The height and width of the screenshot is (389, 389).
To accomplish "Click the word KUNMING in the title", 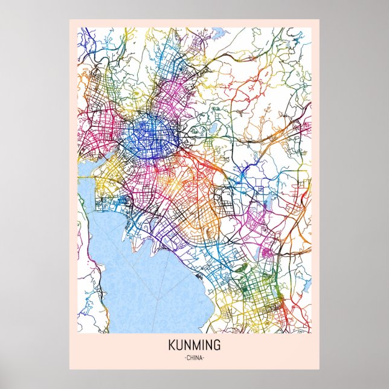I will (194, 347).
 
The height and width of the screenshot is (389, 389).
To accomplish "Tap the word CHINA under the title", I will (194, 359).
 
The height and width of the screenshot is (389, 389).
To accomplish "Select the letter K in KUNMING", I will (172, 347).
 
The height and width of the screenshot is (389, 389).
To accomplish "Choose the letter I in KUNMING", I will (202, 347).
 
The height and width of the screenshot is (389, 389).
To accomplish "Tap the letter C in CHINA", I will (187, 359).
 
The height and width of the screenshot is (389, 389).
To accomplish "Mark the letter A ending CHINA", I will (201, 359).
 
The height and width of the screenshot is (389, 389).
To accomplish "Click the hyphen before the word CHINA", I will (184, 359).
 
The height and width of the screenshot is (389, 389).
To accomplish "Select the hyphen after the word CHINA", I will (205, 359).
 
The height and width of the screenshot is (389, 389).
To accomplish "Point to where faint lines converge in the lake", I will (158, 300).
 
